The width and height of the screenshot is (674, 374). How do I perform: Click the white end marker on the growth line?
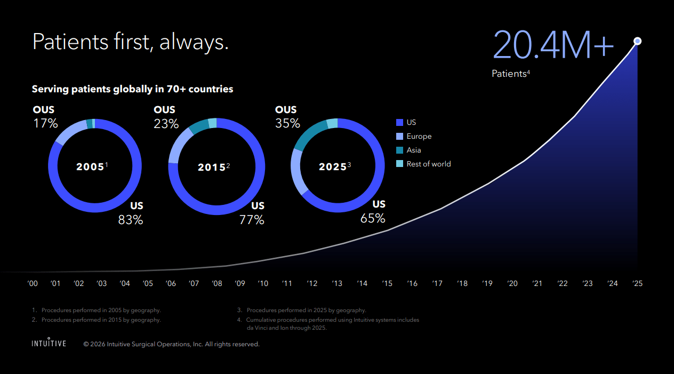tap(637, 41)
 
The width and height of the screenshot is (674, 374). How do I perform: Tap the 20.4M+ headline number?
tap(553, 45)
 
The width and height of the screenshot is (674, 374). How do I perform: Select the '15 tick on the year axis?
tap(387, 283)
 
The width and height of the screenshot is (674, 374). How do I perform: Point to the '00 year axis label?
tap(33, 283)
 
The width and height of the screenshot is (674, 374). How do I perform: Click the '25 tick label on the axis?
tap(637, 283)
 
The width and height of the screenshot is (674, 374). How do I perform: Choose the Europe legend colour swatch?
tap(399, 137)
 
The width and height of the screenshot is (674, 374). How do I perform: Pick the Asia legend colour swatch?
tap(399, 150)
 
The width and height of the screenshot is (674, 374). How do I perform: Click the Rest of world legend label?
tap(429, 164)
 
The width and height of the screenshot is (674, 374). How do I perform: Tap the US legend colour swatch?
tap(399, 122)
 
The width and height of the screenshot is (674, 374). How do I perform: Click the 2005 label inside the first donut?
tap(90, 166)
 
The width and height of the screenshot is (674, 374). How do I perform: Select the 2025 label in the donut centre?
tap(333, 166)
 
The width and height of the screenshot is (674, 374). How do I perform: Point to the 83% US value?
tap(131, 220)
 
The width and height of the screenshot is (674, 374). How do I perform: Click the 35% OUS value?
tap(287, 123)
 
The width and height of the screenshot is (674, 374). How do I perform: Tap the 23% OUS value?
tap(166, 123)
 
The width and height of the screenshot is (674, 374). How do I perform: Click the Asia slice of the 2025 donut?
tap(309, 133)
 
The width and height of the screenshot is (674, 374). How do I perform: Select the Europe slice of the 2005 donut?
tap(71, 131)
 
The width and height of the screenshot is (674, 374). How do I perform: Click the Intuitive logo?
tap(49, 343)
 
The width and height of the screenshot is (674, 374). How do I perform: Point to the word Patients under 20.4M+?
tap(509, 74)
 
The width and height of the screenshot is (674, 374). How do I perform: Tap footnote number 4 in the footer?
tap(239, 320)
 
